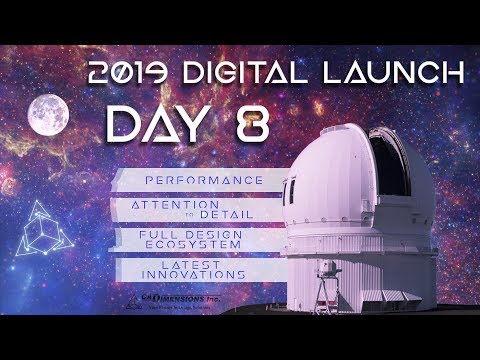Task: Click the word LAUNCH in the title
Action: pyautogui.click(x=409, y=73)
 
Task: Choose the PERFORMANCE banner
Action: pyautogui.click(x=190, y=180)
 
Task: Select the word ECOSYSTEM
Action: pyautogui.click(x=190, y=243)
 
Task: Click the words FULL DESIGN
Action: pyautogui.click(x=190, y=232)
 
